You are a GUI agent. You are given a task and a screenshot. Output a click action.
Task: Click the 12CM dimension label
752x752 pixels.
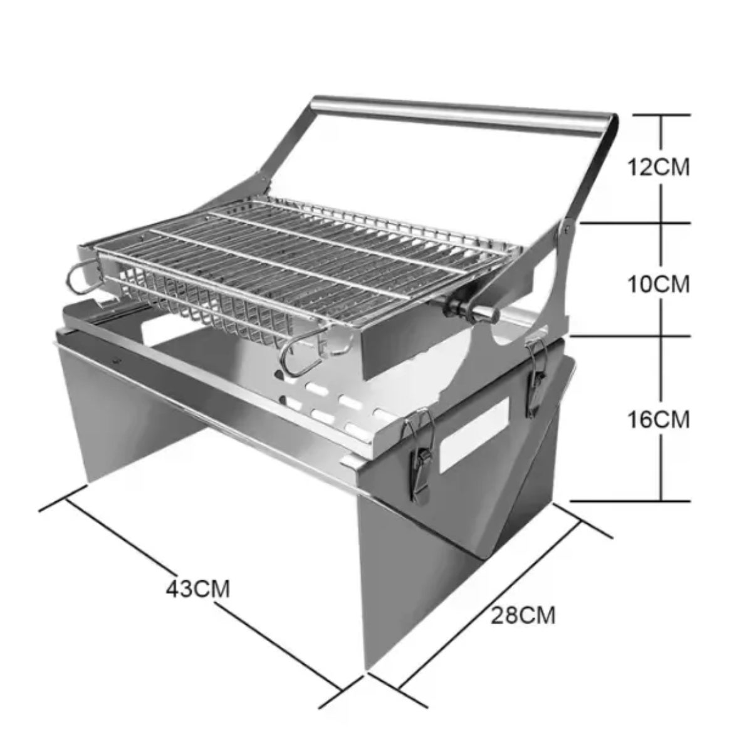[x=659, y=168]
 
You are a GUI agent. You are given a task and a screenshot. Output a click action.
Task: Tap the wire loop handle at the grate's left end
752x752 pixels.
[x=84, y=278]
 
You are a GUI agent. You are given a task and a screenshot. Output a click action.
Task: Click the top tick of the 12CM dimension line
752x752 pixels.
[x=662, y=115]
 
